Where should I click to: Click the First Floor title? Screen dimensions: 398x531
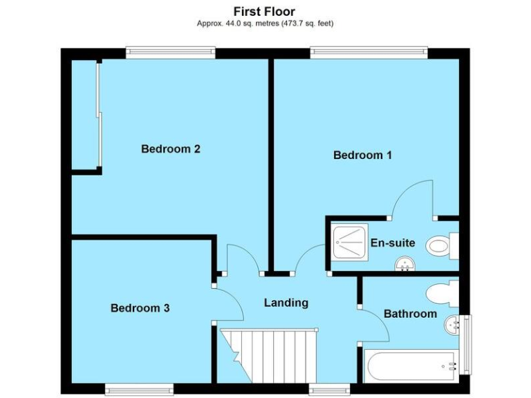click(x=264, y=11)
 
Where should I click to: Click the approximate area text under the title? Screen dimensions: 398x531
click(x=265, y=23)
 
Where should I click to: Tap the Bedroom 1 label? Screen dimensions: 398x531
click(x=362, y=155)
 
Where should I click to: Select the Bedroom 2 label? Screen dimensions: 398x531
click(x=171, y=149)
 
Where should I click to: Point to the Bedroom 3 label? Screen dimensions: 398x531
click(x=140, y=308)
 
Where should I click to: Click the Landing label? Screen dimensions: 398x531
click(x=286, y=303)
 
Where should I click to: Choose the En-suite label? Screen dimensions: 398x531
click(x=393, y=243)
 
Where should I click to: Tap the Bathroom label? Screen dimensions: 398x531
click(x=410, y=314)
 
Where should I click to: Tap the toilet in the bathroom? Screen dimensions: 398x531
click(x=442, y=294)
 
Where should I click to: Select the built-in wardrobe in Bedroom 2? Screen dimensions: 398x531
click(x=86, y=114)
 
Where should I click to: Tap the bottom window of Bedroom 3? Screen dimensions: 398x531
click(x=139, y=388)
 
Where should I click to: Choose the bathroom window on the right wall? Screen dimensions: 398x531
click(x=465, y=342)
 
